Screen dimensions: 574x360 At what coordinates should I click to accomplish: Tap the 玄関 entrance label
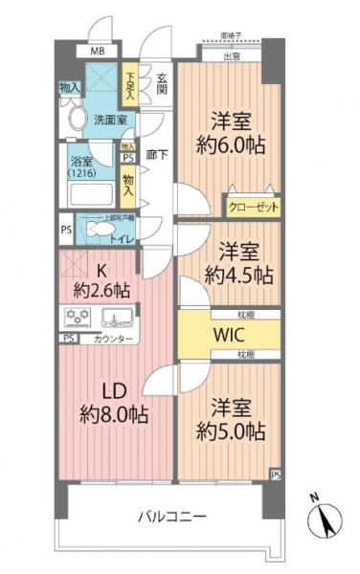tap(163, 83)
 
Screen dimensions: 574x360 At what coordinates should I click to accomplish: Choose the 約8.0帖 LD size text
tap(114, 415)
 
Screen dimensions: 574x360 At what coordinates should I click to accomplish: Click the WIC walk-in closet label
tap(231, 337)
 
